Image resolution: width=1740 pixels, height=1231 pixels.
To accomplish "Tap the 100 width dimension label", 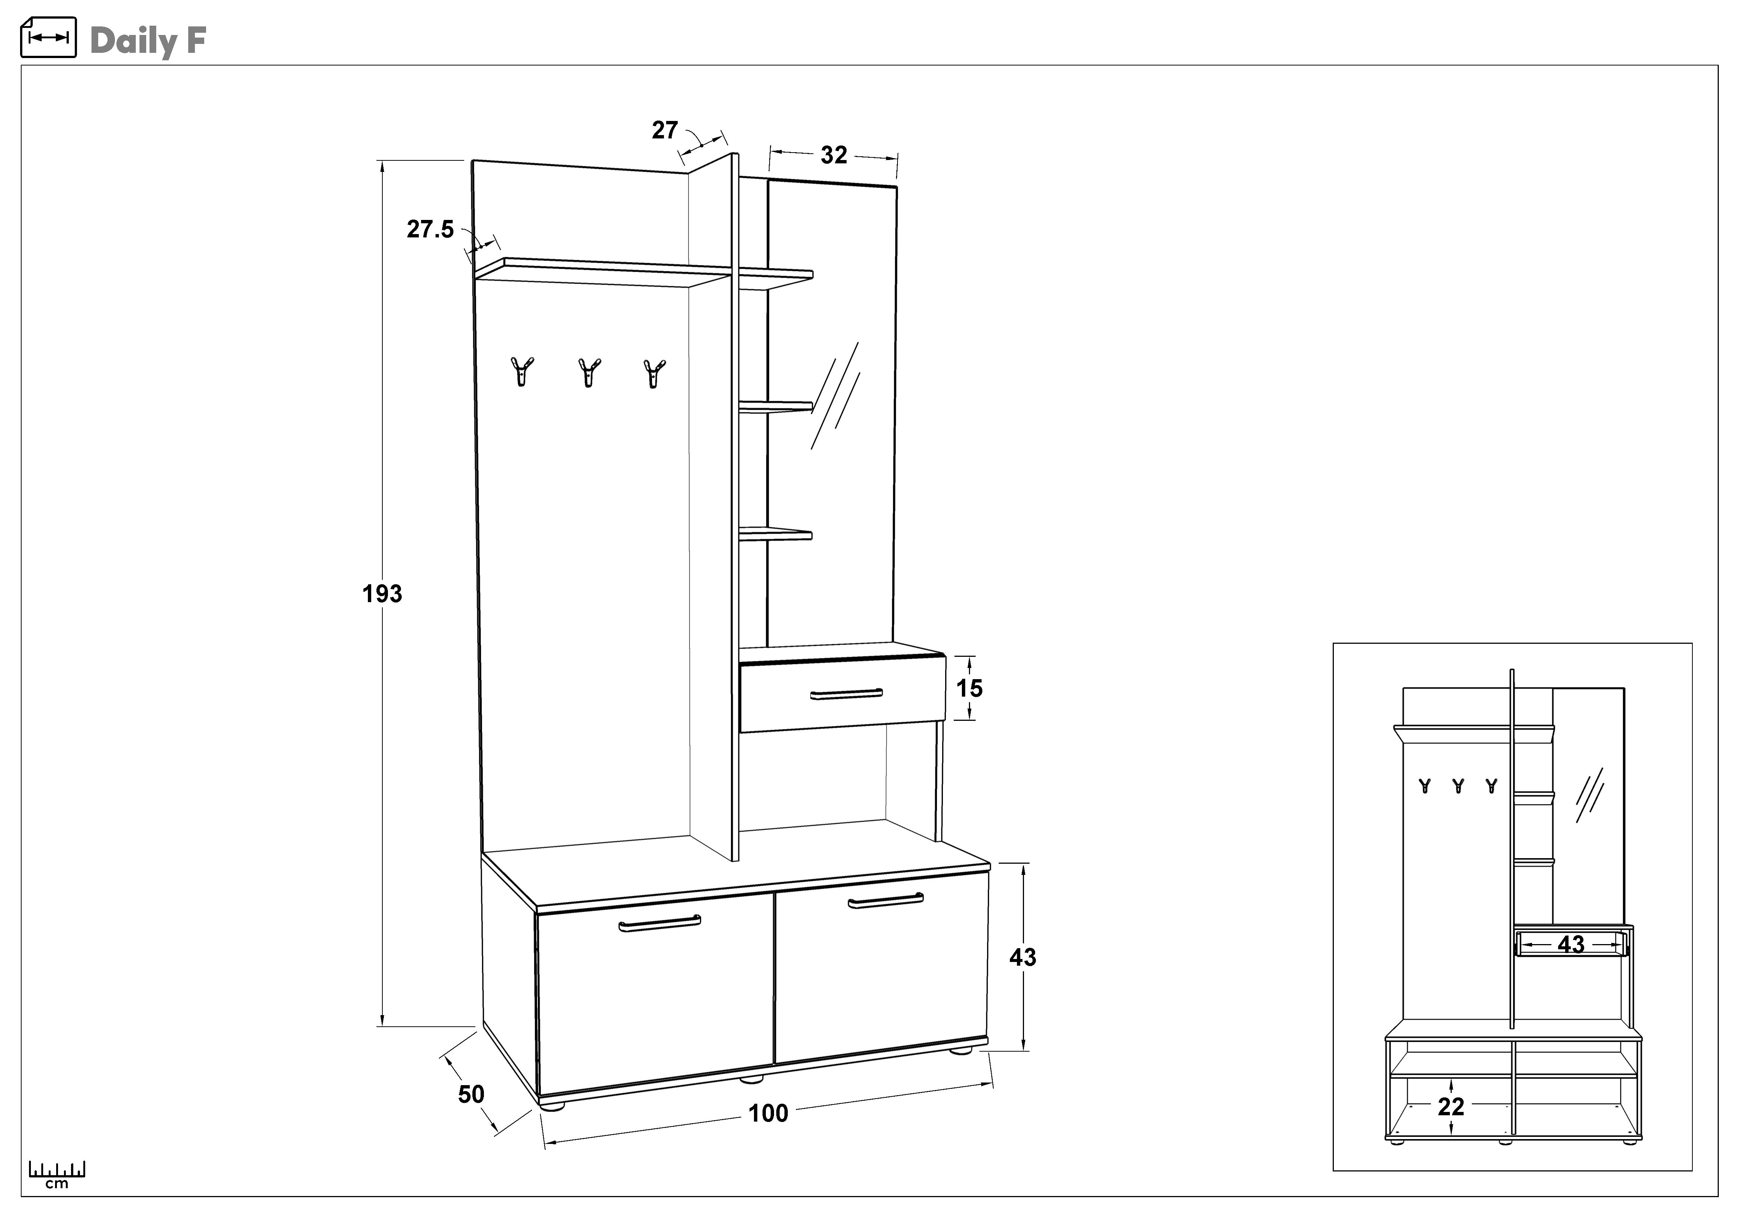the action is point(768,1113).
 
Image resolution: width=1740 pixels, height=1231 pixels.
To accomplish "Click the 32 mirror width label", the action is point(834,156).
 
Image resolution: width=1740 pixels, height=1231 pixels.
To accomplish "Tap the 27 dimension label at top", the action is point(665,130).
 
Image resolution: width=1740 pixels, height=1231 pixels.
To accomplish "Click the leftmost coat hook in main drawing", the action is point(521,371).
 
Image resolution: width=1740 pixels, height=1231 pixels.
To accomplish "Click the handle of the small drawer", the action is point(846,694).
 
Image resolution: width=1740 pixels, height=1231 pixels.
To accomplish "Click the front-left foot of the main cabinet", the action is point(552,1106).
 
